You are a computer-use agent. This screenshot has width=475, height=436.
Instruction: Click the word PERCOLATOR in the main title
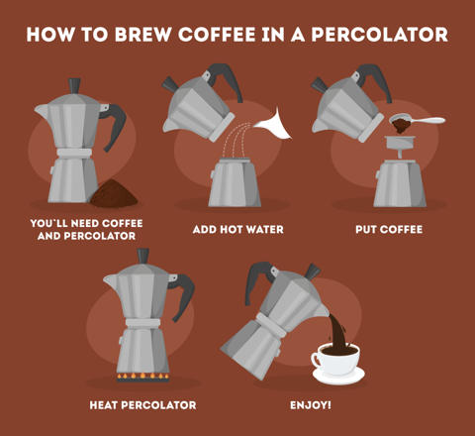pos(379,35)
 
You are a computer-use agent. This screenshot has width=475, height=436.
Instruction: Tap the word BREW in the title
pos(143,35)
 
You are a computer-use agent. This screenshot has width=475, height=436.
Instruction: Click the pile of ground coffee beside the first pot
pos(114,194)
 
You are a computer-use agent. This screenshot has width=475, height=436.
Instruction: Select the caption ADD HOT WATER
pos(237,229)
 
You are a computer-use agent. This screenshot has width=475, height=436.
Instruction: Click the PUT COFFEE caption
pos(389,229)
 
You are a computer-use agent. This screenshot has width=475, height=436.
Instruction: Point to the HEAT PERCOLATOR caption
pos(142,405)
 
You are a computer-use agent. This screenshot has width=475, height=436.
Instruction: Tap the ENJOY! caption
pos(311,405)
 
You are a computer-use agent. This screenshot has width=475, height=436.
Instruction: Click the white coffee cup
pos(335,360)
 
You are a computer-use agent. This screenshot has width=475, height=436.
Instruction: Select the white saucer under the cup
pos(338,377)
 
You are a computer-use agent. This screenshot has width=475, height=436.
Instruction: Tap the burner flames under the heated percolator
pos(142,377)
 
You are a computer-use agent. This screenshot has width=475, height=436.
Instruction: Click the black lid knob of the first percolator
pos(74,86)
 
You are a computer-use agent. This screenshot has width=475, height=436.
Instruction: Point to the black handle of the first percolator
pos(115,126)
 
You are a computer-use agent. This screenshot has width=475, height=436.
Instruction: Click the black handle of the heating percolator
pos(183,295)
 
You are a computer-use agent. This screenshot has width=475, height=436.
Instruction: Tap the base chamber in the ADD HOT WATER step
pos(235,182)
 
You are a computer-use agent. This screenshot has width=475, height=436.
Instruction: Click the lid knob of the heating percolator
pos(143,256)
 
